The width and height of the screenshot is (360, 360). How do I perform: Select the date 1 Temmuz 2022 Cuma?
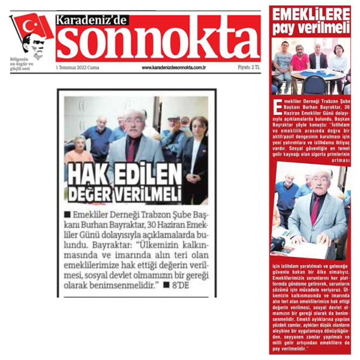click(x=77, y=67)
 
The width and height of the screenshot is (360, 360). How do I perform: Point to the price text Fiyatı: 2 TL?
click(x=248, y=67)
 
